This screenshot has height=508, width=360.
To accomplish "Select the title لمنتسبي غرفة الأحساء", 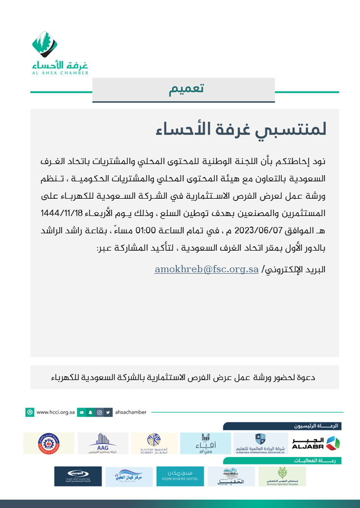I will [241, 129].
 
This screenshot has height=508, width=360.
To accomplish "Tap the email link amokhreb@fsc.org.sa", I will [207, 269].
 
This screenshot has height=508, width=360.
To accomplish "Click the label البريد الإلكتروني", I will [295, 270].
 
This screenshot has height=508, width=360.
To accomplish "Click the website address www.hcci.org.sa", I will [55, 412].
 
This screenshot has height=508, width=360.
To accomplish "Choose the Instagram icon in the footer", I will [99, 412].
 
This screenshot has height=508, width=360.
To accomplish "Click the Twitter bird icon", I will [108, 412].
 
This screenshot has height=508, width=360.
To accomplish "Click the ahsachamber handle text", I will [131, 412].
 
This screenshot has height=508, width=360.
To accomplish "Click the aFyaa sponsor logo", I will [205, 443].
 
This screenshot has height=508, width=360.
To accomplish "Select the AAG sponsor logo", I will [103, 443].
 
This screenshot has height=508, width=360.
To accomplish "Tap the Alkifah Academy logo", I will [154, 443].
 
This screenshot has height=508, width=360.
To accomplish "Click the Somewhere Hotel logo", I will [180, 476].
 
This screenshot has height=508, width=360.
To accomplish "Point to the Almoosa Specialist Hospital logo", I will [282, 476].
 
